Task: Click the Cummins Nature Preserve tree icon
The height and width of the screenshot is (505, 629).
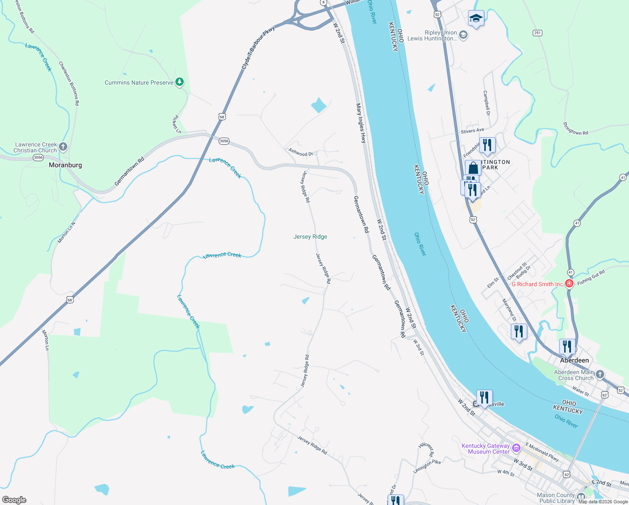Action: pyautogui.click(x=180, y=82)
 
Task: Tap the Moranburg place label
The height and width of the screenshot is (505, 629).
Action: pyautogui.click(x=65, y=165)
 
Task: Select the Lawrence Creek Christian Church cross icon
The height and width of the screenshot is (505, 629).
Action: pyautogui.click(x=63, y=147)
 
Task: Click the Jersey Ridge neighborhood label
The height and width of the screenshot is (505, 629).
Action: pyautogui.click(x=310, y=237)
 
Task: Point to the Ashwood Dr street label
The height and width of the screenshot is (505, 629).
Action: pyautogui.click(x=301, y=152)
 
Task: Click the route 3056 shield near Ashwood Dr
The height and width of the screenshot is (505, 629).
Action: pyautogui.click(x=224, y=141)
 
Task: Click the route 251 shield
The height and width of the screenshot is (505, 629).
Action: pyautogui.click(x=537, y=33)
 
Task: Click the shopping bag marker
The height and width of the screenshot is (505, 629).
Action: pyautogui.click(x=473, y=168)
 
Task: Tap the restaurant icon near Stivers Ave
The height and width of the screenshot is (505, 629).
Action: pyautogui.click(x=487, y=145)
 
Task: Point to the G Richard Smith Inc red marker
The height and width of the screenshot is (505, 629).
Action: pyautogui.click(x=569, y=284)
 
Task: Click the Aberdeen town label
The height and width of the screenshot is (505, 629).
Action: pyautogui.click(x=574, y=360)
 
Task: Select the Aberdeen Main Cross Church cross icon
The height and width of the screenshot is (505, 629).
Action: pyautogui.click(x=600, y=374)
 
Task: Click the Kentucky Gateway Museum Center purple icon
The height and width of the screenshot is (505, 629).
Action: pyautogui.click(x=517, y=448)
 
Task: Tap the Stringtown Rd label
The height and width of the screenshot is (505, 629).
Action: pyautogui.click(x=576, y=129)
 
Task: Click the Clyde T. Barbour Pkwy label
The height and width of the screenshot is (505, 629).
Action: pyautogui.click(x=258, y=48)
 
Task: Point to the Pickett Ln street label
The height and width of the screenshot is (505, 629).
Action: pyautogui.click(x=177, y=125)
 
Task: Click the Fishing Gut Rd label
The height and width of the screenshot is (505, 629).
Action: pyautogui.click(x=591, y=278)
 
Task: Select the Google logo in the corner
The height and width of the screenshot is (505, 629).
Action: pyautogui.click(x=14, y=500)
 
